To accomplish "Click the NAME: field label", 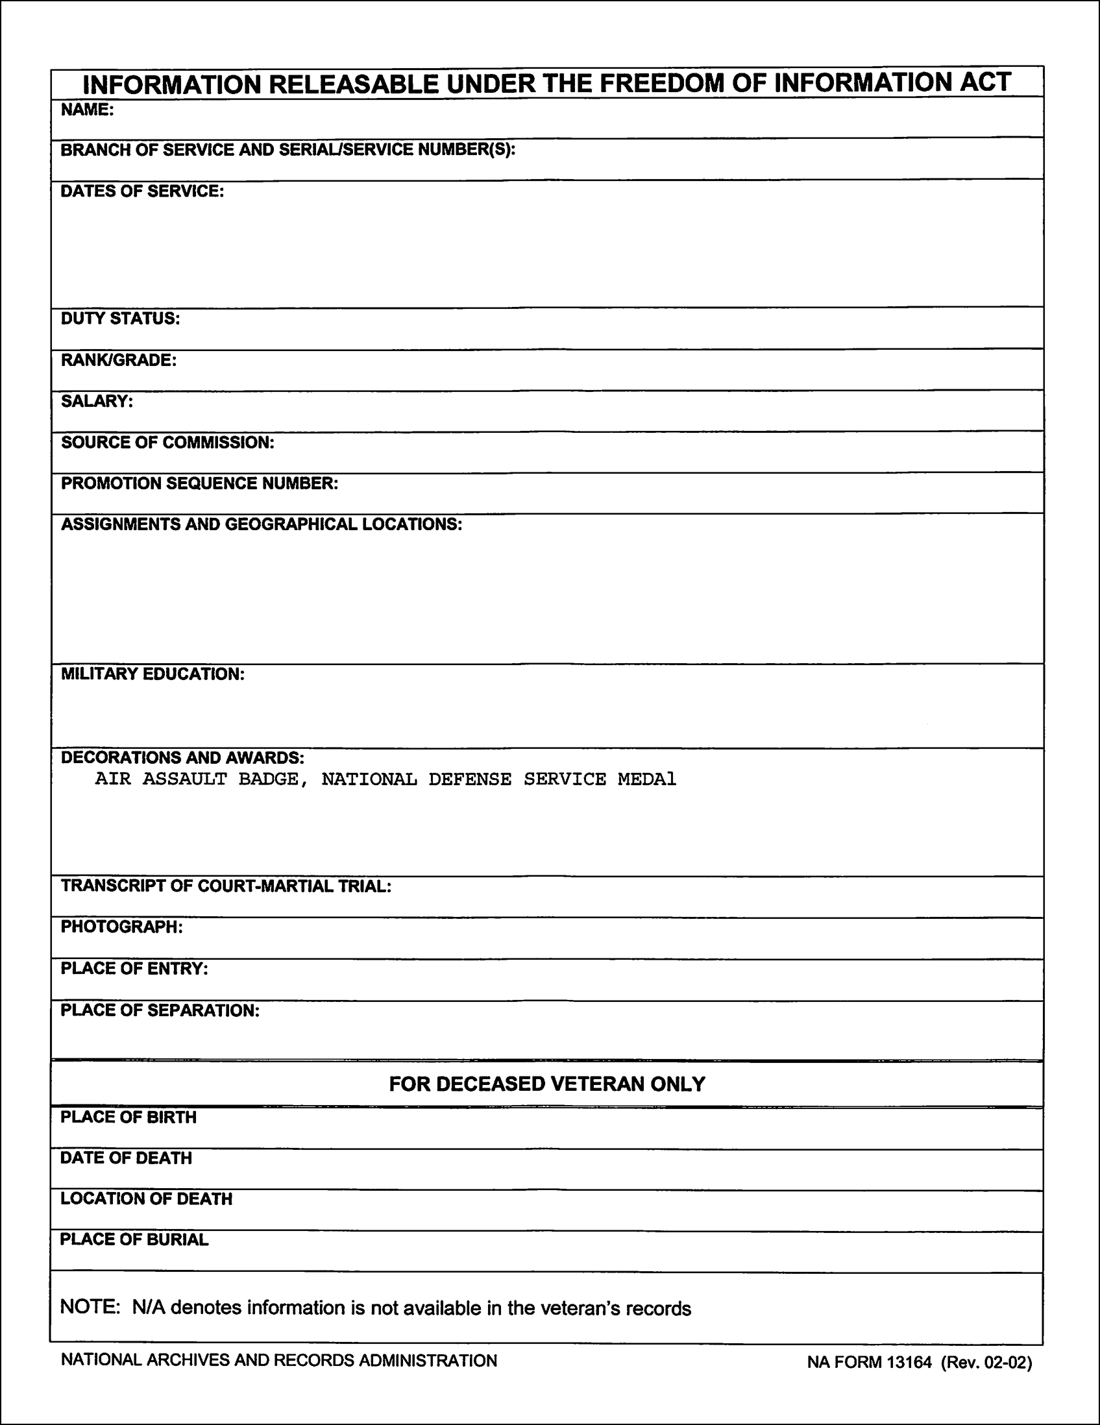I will (88, 110).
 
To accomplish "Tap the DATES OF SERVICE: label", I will (142, 191).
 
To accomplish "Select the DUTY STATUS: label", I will (120, 319).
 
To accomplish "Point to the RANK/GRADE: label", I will (119, 360).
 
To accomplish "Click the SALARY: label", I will (97, 401).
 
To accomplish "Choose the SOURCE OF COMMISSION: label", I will (167, 443).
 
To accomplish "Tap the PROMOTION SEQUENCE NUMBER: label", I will (200, 483).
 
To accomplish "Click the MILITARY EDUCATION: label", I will (153, 674).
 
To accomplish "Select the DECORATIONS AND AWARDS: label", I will (182, 757).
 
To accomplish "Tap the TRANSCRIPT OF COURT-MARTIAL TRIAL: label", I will (226, 886).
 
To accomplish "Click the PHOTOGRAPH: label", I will (121, 927).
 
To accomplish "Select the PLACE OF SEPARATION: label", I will (160, 1010).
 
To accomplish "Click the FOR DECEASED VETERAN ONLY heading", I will (546, 1084).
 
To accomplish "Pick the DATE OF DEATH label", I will (126, 1158).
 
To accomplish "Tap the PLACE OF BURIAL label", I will (134, 1239).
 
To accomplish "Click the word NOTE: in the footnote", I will (90, 1308).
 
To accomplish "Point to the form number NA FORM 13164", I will (869, 1362).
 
